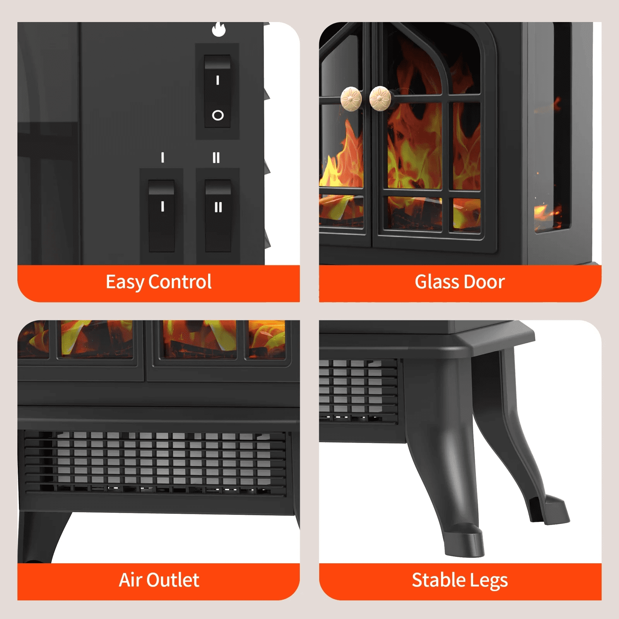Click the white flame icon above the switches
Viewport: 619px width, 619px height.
point(219,29)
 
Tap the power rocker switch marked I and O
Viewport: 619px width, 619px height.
point(217,91)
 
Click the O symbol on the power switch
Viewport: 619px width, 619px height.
point(218,115)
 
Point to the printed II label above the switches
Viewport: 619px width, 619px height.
point(216,157)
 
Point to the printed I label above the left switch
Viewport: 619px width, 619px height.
point(162,157)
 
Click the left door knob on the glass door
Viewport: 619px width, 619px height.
point(351,98)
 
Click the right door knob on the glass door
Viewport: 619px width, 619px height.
point(380,98)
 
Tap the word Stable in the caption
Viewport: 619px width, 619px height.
point(438,580)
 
